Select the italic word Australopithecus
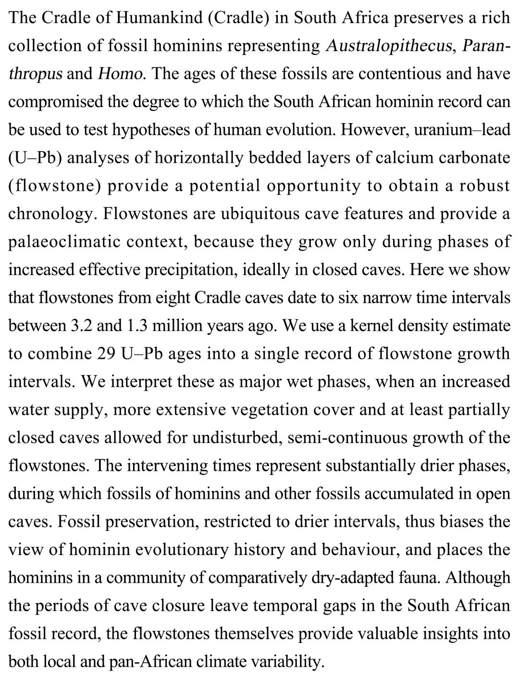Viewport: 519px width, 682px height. [x=389, y=46]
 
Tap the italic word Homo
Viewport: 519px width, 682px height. [x=120, y=74]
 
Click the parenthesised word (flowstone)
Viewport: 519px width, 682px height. [x=53, y=186]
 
